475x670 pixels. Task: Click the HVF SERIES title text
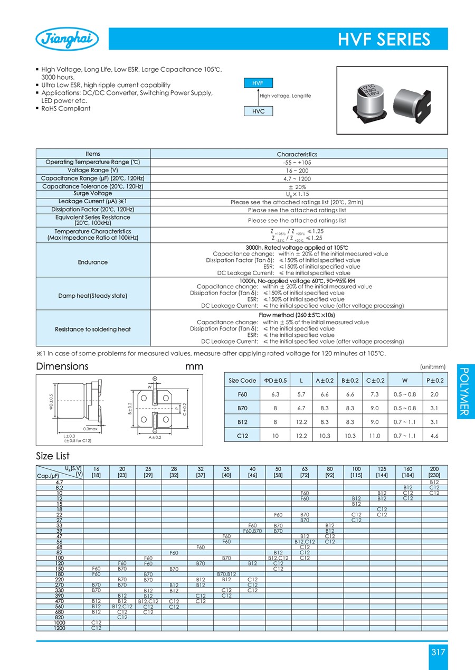point(384,40)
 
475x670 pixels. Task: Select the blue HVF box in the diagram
point(258,83)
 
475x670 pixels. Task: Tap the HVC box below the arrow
point(258,111)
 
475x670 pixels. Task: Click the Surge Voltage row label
point(92,193)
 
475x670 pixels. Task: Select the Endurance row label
point(92,262)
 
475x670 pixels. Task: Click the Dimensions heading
point(62,366)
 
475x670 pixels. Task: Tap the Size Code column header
point(242,380)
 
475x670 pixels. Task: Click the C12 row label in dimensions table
point(242,436)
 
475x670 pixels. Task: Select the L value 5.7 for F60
point(301,394)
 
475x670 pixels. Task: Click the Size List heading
point(53,456)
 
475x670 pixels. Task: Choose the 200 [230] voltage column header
point(434,471)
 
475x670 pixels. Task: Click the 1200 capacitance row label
point(59,627)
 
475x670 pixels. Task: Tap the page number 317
point(438,652)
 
